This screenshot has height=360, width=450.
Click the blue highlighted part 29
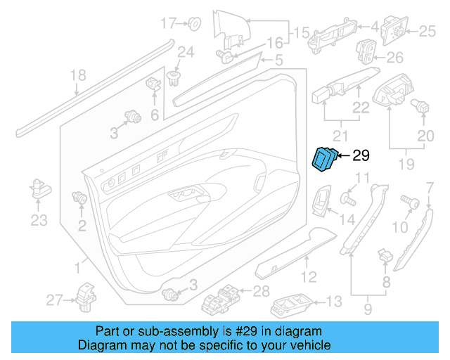[x=323, y=158]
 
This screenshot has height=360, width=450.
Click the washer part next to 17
[x=195, y=24]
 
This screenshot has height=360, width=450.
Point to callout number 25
[x=428, y=31]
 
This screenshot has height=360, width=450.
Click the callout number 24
[x=185, y=51]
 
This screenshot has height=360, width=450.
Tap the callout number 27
[x=54, y=301]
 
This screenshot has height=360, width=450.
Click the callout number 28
[x=261, y=291]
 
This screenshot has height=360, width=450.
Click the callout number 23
[x=39, y=221]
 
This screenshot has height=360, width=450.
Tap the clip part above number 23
[x=39, y=187]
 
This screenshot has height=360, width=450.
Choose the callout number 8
[x=385, y=282]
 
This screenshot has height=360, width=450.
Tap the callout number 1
[x=77, y=266]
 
